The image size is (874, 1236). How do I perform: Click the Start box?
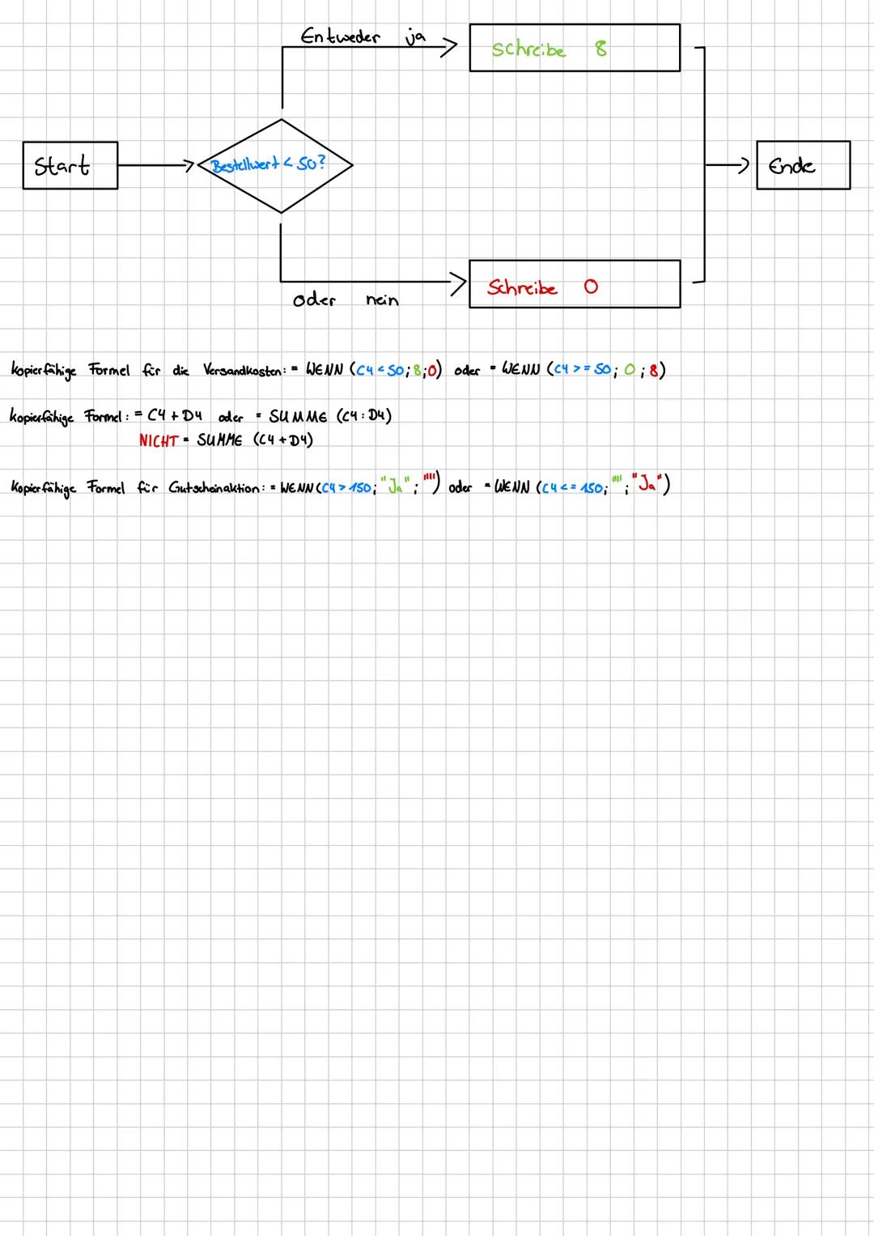[70, 166]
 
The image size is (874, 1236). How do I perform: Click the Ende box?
[802, 166]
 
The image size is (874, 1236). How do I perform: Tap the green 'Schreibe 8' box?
[574, 49]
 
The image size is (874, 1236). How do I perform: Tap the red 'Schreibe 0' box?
[574, 285]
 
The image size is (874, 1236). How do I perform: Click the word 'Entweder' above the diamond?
[340, 37]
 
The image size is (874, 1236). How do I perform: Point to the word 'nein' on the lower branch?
[382, 300]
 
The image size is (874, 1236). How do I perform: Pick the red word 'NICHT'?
[158, 440]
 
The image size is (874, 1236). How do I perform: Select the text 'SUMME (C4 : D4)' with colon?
[330, 417]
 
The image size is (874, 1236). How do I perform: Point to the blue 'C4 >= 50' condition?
[581, 371]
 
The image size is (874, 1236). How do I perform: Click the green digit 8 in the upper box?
[600, 49]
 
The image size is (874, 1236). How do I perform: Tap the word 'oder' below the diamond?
[314, 300]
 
